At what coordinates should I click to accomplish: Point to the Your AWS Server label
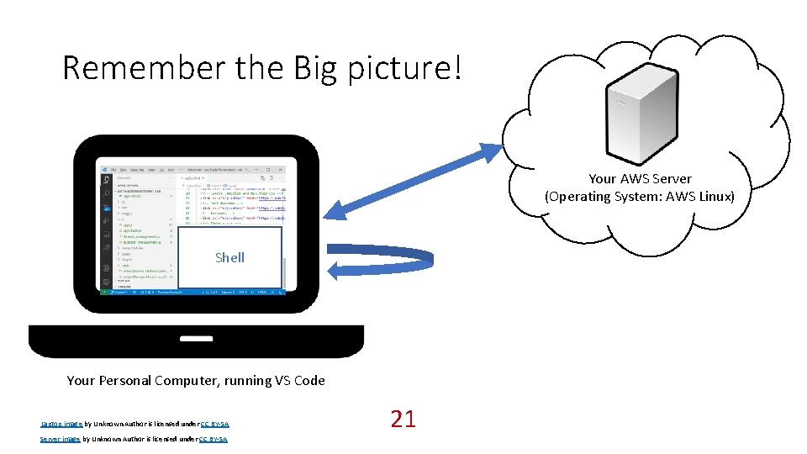pyautogui.click(x=640, y=178)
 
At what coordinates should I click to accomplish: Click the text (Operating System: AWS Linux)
pyautogui.click(x=640, y=196)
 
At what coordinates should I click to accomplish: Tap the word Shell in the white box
pyautogui.click(x=229, y=257)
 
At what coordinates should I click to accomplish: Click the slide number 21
pyautogui.click(x=403, y=419)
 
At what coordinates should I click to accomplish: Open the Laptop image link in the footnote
pyautogui.click(x=61, y=425)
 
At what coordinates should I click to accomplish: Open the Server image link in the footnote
pyautogui.click(x=61, y=439)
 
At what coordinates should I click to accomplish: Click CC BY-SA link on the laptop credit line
pyautogui.click(x=214, y=425)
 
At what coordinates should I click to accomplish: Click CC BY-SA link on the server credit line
pyautogui.click(x=214, y=439)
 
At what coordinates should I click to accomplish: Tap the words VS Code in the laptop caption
pyautogui.click(x=299, y=380)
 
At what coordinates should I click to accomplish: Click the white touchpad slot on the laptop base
pyautogui.click(x=196, y=338)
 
